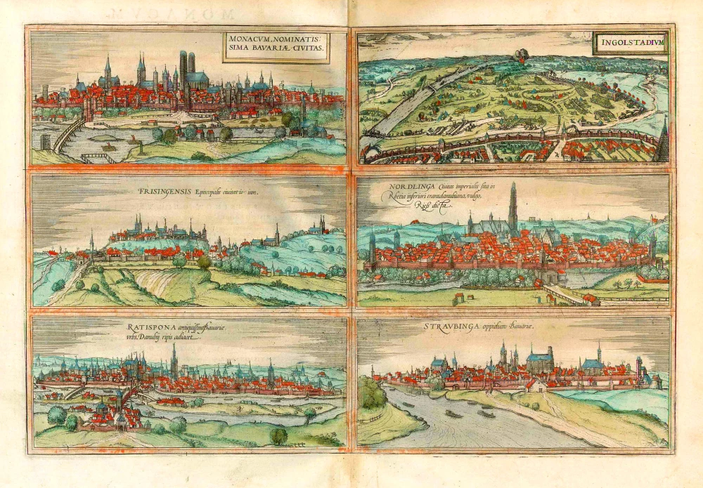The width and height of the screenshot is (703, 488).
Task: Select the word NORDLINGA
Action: click(408, 187)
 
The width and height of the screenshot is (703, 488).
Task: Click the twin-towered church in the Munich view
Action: click(188, 70)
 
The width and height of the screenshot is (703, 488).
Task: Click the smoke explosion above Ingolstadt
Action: click(522, 54)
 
